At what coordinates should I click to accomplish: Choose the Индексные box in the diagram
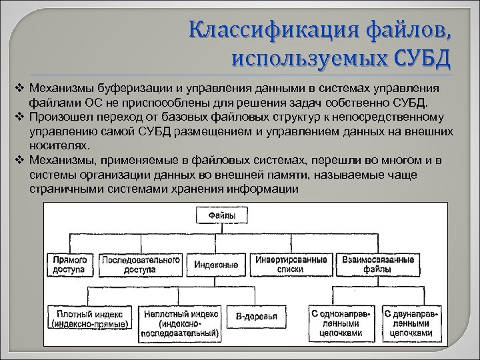[x=217, y=264]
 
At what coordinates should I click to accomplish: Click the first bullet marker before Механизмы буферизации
[x=19, y=89]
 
